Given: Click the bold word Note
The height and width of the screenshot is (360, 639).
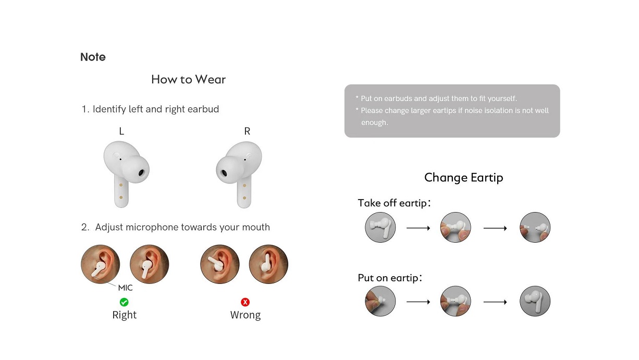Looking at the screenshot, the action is tap(93, 57).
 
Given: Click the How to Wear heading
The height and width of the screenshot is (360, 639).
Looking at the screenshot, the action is tap(188, 80).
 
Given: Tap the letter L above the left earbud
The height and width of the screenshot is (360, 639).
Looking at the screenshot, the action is tap(121, 131).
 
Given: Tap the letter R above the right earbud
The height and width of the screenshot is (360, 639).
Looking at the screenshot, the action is tap(247, 131).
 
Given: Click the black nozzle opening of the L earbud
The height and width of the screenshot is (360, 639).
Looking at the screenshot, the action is tap(141, 173).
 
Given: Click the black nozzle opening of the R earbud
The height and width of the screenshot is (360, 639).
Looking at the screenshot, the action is tap(224, 173).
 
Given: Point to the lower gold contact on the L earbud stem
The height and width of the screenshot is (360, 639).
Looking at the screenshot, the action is tap(121, 197).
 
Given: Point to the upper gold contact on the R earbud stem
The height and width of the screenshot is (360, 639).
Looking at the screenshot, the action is tap(244, 185).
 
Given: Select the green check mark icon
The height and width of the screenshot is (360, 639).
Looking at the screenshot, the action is tap(124, 302).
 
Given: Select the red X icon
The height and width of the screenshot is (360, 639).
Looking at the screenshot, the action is tap(245, 302).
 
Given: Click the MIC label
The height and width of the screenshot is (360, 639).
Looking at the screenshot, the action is tap(125, 288).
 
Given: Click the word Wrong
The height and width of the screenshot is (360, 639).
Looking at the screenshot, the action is tap(245, 315).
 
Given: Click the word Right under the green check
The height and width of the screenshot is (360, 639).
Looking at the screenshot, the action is tap(125, 315).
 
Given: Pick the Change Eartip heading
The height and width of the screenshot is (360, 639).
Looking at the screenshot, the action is tap(463, 178).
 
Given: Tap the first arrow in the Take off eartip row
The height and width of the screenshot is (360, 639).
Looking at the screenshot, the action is tap(418, 228).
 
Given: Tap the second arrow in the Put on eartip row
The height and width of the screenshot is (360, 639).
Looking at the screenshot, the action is tap(495, 302).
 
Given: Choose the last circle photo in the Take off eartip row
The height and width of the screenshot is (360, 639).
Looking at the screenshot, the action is tap(535, 227).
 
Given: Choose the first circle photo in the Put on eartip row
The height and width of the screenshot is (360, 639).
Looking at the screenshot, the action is tap(380, 301).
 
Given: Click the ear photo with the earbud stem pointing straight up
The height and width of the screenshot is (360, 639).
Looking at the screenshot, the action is tap(268, 264).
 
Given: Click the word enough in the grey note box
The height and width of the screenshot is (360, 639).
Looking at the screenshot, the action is tap(375, 122).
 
